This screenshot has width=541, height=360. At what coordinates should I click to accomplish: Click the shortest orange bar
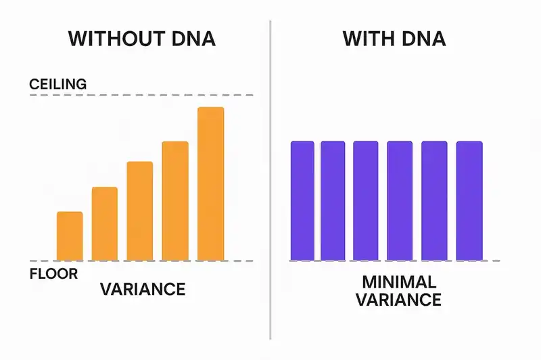(x=70, y=236)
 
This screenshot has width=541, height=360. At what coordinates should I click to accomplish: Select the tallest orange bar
(x=210, y=183)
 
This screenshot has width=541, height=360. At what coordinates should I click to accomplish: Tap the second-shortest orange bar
(x=105, y=223)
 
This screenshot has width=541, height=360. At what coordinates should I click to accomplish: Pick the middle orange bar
(x=140, y=211)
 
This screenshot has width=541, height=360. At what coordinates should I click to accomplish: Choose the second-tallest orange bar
(x=175, y=201)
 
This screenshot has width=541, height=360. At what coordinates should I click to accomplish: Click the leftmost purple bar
(x=302, y=201)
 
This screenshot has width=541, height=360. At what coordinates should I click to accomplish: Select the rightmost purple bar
(x=469, y=201)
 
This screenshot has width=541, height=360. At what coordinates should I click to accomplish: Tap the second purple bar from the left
(x=333, y=201)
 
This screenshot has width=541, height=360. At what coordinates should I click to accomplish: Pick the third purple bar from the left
(x=366, y=201)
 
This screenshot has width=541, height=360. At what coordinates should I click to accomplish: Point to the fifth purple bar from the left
(x=434, y=201)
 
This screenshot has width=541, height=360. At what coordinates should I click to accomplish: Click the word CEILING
(x=58, y=85)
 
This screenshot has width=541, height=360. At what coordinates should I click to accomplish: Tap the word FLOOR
(x=54, y=274)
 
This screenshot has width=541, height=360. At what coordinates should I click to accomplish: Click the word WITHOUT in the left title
(x=116, y=39)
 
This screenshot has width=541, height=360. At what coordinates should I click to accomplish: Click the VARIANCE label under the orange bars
(x=143, y=289)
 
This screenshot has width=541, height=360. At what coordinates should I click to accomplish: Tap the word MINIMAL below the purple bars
(x=399, y=282)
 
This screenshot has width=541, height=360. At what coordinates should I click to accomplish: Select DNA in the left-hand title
(x=193, y=39)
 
